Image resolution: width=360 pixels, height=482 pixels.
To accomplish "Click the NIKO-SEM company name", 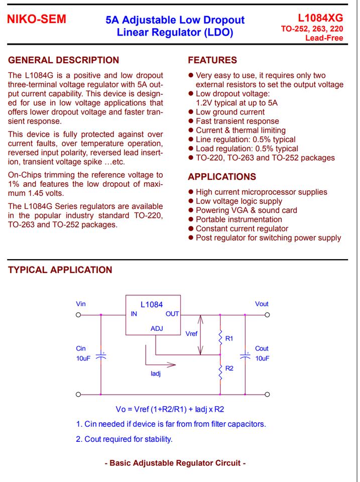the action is [x=37, y=20].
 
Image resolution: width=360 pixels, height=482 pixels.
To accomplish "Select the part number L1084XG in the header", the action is [x=320, y=18].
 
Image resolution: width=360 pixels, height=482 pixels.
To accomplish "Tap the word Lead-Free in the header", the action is [x=324, y=38].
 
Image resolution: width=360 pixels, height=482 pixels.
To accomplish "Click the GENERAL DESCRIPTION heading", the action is [x=63, y=60].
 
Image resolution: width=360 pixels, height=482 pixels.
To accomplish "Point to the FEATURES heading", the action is [x=212, y=60].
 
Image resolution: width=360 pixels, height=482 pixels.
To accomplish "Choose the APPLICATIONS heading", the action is [x=222, y=177].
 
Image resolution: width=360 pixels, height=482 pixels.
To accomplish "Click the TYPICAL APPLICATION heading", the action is [x=60, y=270].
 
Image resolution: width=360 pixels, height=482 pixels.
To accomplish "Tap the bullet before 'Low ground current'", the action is [x=191, y=112].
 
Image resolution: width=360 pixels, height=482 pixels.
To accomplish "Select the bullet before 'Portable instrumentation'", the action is [x=191, y=220].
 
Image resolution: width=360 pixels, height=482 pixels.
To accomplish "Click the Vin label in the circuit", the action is [x=81, y=304].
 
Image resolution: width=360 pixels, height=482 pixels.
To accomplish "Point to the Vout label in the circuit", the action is [x=262, y=304].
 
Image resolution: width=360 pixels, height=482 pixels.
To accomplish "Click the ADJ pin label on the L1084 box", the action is [x=157, y=328].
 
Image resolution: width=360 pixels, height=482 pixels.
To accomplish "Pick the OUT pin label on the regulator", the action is [x=172, y=314].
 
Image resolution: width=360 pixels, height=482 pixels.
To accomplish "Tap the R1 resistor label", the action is [x=229, y=338].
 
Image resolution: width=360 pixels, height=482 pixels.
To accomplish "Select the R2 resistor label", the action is [x=229, y=369].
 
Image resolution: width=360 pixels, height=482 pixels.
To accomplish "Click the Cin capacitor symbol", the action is [x=101, y=356].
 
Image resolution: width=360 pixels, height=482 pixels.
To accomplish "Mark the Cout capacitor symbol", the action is [x=245, y=356].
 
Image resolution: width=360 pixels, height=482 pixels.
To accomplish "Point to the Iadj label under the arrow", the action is [x=156, y=374].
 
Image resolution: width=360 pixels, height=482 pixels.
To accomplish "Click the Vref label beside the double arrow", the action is [x=191, y=333].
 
